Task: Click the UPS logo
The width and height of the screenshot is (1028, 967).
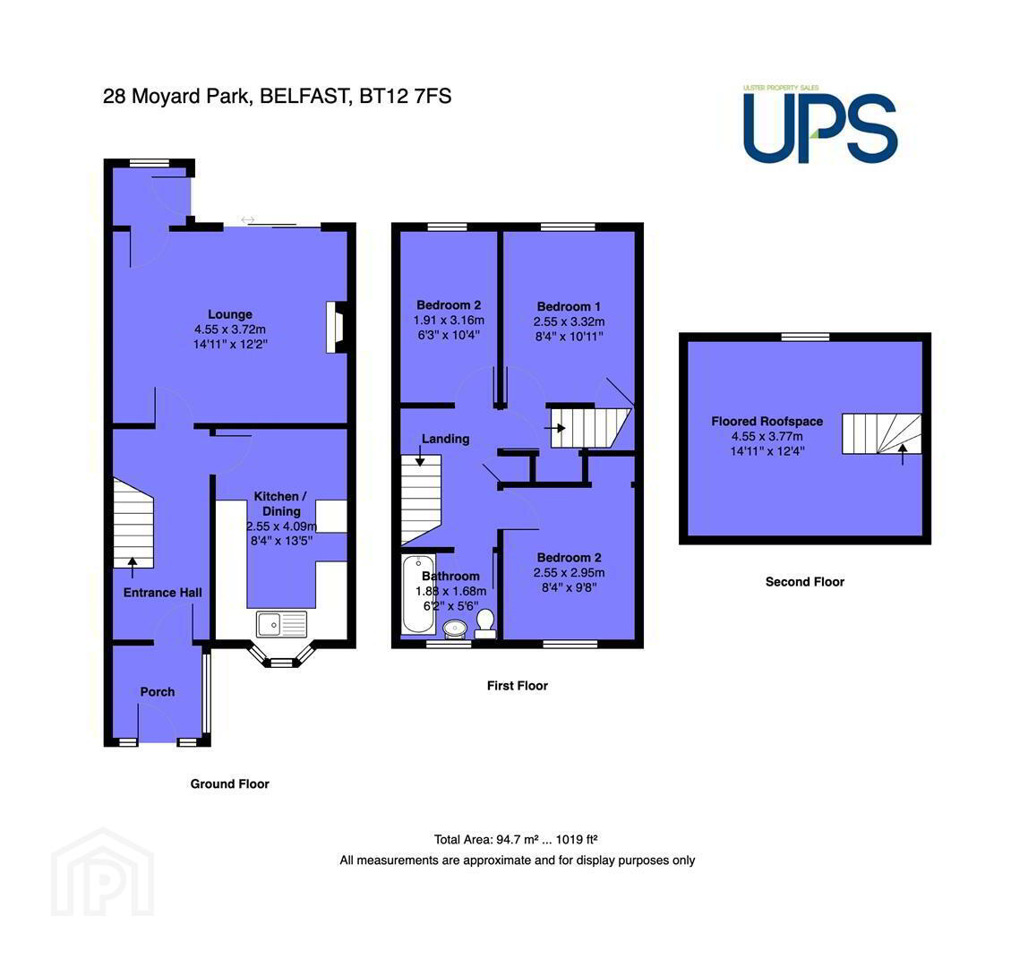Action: tap(820, 124)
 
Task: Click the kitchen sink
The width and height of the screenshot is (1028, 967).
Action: tap(281, 624)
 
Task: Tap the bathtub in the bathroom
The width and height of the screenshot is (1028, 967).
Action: tap(417, 595)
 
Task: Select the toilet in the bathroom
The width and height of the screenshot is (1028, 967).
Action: tap(485, 623)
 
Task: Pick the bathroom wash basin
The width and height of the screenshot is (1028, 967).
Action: tap(455, 629)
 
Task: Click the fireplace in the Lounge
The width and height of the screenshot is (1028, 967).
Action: tap(337, 327)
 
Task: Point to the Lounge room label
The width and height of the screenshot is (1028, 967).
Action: tap(230, 314)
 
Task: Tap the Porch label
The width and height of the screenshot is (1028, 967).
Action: tap(158, 691)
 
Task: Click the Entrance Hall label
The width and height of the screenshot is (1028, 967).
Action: tap(163, 593)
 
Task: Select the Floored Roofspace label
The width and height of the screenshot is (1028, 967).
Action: tap(767, 422)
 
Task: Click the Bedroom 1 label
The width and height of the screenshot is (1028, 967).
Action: tap(569, 306)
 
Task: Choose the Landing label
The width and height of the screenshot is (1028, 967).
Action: tap(445, 439)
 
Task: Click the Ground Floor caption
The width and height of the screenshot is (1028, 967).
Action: tap(229, 784)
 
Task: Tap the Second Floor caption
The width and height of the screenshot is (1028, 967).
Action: tap(805, 581)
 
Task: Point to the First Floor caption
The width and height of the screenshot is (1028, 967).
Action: tap(518, 686)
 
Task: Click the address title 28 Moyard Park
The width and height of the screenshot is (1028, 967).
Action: tap(176, 97)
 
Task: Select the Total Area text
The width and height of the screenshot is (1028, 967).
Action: tap(515, 839)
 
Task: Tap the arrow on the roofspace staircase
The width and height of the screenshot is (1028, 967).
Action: tap(903, 454)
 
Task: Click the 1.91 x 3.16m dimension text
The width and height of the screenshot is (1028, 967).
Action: tap(449, 320)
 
